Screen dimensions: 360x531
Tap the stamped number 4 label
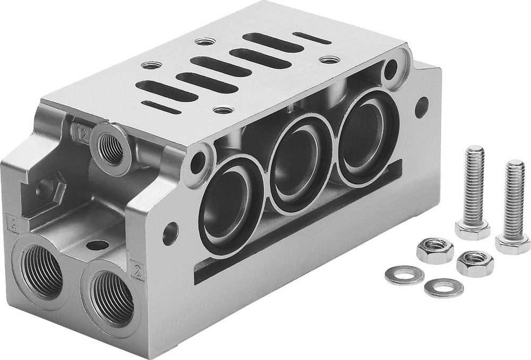[12, 222]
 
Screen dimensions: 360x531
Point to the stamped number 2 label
[138, 271]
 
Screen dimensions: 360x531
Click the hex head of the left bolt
[472, 229]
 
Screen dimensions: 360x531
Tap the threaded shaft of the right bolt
[515, 196]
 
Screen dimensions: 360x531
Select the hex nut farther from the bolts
[435, 251]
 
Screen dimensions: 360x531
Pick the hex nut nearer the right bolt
[474, 262]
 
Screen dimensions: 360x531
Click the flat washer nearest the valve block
[405, 275]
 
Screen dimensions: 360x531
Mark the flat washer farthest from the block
[443, 287]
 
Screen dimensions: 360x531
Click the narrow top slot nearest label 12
[160, 107]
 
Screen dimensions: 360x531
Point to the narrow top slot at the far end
[312, 38]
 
